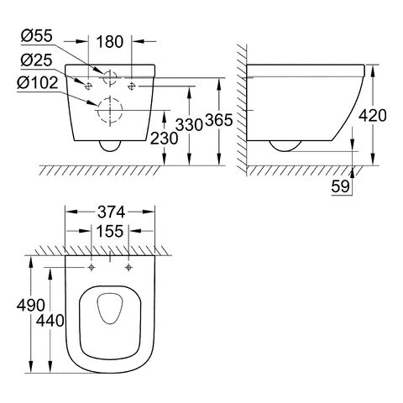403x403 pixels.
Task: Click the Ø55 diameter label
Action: click(37, 36)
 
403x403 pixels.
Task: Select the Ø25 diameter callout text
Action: click(37, 60)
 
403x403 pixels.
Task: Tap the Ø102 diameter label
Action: click(38, 83)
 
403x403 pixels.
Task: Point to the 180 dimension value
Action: click(110, 42)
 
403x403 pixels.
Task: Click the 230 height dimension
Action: click(164, 139)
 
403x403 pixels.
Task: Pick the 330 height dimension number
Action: click(189, 124)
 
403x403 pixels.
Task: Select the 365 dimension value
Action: click(219, 120)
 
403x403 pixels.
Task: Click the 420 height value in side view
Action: click(373, 115)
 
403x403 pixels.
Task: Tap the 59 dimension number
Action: click(341, 186)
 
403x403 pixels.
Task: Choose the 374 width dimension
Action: click(111, 212)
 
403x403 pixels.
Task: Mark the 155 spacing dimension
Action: click(110, 231)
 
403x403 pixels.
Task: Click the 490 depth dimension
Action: click(31, 305)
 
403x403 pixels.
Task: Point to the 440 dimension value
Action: click(50, 321)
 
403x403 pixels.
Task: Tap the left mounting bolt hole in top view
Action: click(92, 268)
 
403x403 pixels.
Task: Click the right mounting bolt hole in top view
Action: click(128, 268)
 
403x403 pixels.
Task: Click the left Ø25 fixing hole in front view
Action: click(87, 86)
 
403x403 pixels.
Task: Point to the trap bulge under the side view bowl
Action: click(285, 151)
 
